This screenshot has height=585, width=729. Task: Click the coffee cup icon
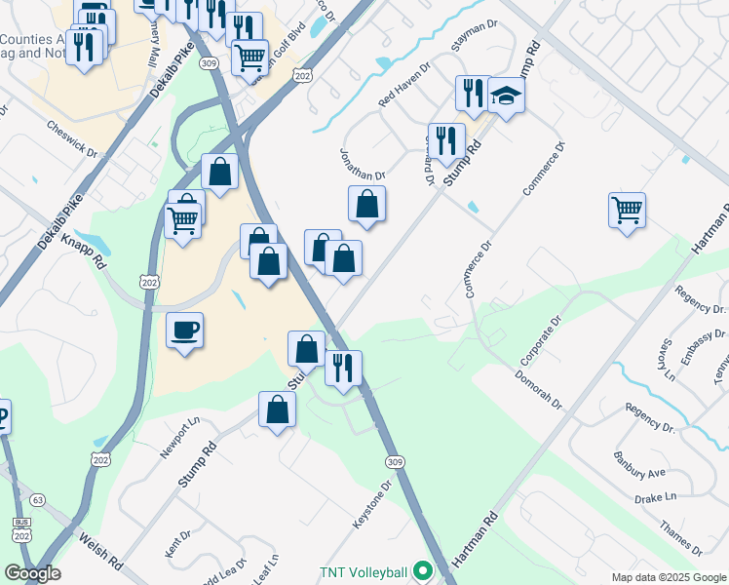click(x=184, y=330)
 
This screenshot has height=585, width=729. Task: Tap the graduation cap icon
click(x=507, y=95)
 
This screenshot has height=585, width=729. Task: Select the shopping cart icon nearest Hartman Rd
click(x=627, y=209)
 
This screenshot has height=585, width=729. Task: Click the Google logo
click(x=31, y=573)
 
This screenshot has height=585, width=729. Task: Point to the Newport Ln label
click(x=179, y=438)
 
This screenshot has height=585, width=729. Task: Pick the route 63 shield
click(x=37, y=500)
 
